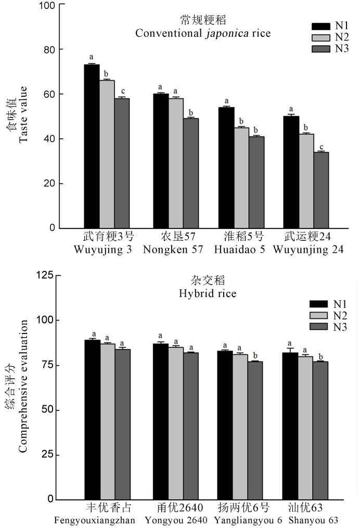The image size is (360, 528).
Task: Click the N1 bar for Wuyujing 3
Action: pos(92,146)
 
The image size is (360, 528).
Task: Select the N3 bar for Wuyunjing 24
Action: pos(321,190)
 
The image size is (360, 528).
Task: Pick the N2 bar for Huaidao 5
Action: pos(241,177)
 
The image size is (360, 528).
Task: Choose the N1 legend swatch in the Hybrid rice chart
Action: pos(319,304)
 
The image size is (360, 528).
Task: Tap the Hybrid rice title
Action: pos(208,294)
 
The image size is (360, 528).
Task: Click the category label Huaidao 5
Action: pos(239,249)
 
